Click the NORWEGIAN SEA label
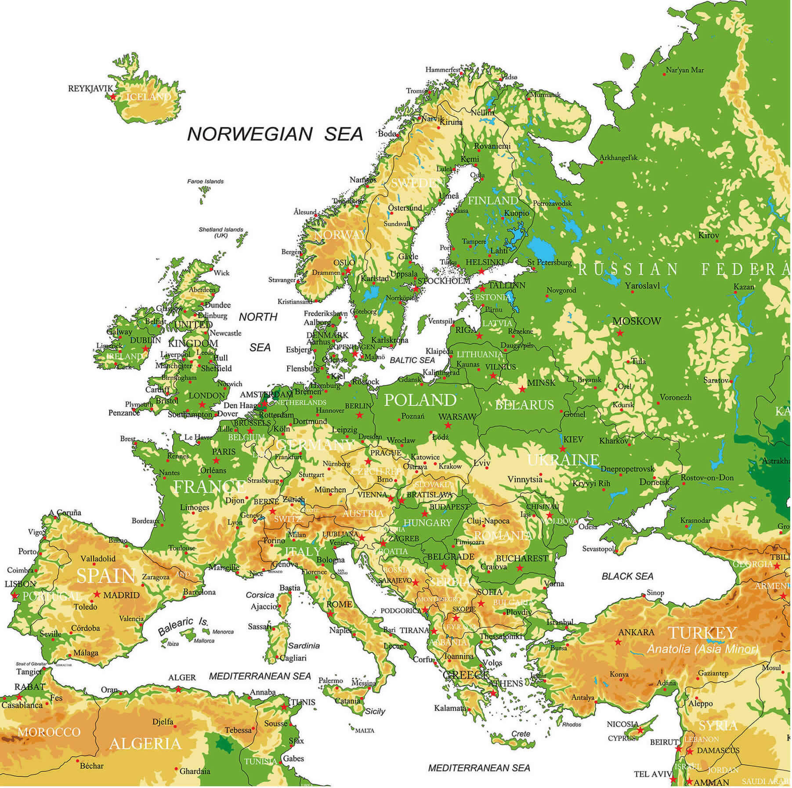pyautogui.click(x=275, y=134)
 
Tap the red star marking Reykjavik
pyautogui.click(x=113, y=96)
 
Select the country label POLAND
pyautogui.click(x=420, y=400)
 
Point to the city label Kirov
pyautogui.click(x=709, y=235)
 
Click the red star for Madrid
pyautogui.click(x=97, y=594)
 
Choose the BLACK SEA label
pyautogui.click(x=627, y=576)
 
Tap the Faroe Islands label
pyautogui.click(x=205, y=181)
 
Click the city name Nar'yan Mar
pyautogui.click(x=685, y=70)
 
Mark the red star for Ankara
pyautogui.click(x=618, y=642)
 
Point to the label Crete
pyautogui.click(x=521, y=734)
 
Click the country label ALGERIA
pyautogui.click(x=145, y=744)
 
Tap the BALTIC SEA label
pyautogui.click(x=412, y=360)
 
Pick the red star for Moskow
pyautogui.click(x=620, y=333)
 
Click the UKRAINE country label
pyautogui.click(x=563, y=460)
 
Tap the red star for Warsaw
pyautogui.click(x=448, y=425)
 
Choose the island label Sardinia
pyautogui.click(x=304, y=646)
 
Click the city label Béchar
pyautogui.click(x=92, y=766)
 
